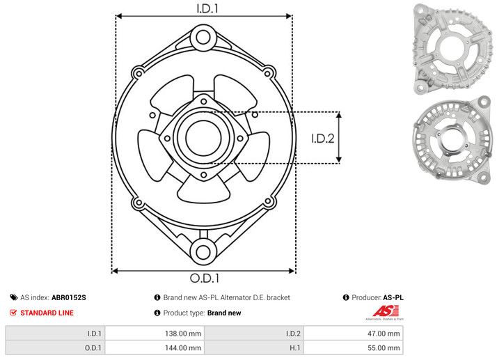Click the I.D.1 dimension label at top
(x=203, y=9)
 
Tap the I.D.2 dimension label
(x=323, y=138)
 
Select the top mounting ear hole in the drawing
(x=203, y=36)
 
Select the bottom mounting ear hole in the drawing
(x=203, y=251)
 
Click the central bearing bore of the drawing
(x=203, y=138)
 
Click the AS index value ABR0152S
(x=69, y=297)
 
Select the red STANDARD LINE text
(x=47, y=313)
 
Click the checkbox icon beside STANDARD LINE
(x=13, y=313)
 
